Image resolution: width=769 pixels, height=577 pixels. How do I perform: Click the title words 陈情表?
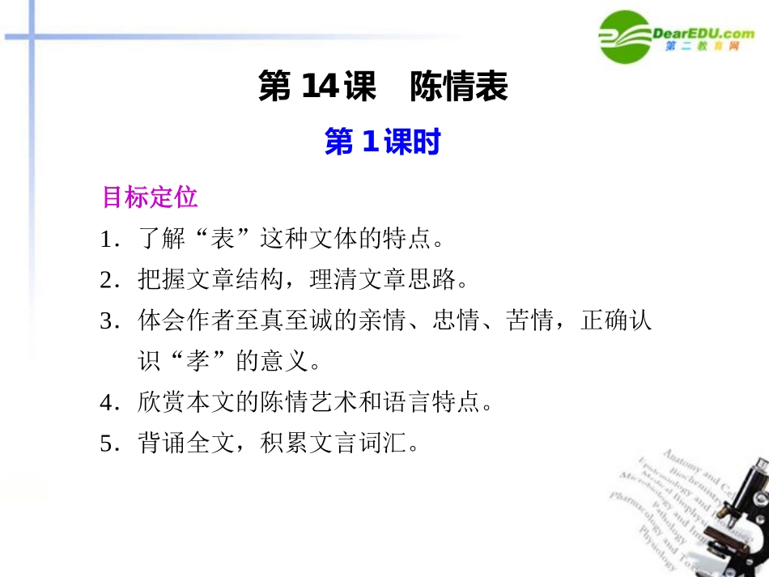click(x=459, y=87)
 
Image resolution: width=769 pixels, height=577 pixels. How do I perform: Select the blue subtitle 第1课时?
click(x=382, y=143)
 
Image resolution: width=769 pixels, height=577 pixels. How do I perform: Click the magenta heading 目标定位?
click(x=150, y=197)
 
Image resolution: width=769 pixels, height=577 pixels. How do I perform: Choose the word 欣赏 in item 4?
click(x=158, y=402)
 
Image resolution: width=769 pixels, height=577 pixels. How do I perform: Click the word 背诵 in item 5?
click(x=158, y=443)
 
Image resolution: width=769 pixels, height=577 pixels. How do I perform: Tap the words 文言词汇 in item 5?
click(x=360, y=443)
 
